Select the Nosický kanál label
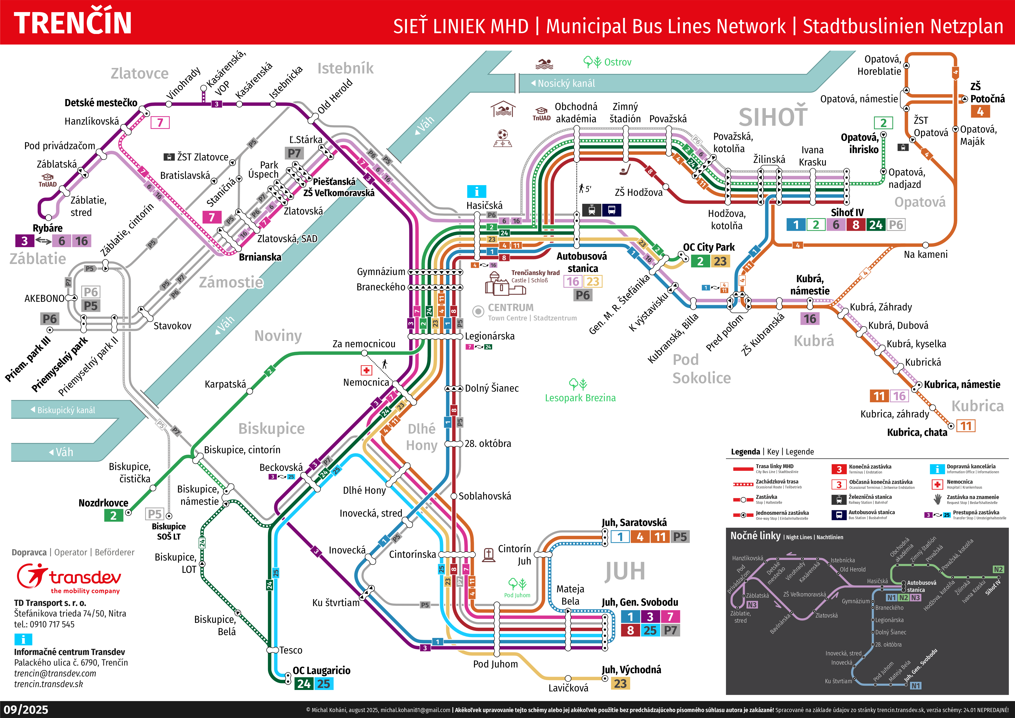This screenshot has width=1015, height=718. click(x=566, y=83)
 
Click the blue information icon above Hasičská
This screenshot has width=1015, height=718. click(x=476, y=192)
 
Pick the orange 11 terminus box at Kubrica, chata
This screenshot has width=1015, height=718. click(x=966, y=426)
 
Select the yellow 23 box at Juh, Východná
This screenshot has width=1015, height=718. click(x=620, y=683)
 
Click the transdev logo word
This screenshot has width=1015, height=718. click(x=85, y=577)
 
